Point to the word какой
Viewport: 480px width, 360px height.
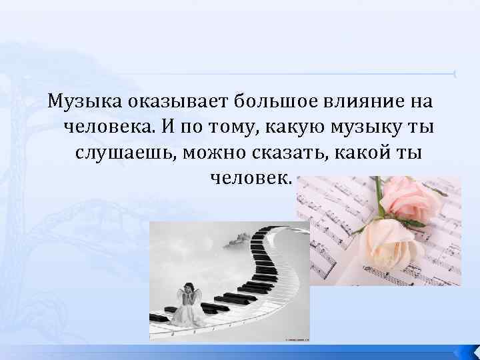point(369,153)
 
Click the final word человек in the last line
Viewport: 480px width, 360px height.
point(250,177)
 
